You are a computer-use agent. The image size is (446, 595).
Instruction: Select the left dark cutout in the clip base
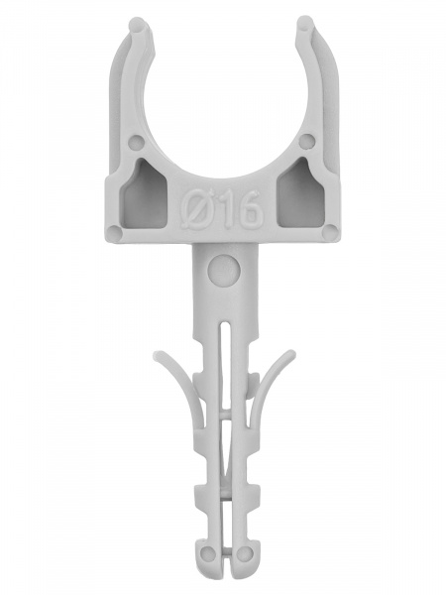pos(146,193)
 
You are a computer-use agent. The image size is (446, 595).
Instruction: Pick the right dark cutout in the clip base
pos(300,193)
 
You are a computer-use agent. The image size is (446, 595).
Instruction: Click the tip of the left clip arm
pos(138,24)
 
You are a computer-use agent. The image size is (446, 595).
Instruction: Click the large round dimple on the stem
pos(224,270)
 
